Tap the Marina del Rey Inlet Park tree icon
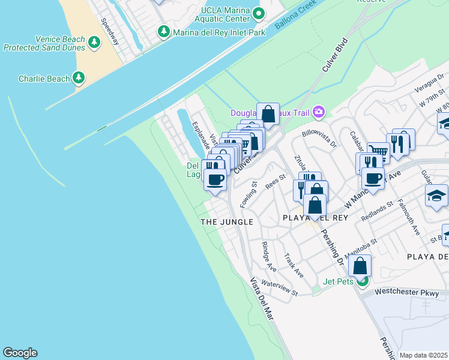163,31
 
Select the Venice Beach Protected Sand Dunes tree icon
94,42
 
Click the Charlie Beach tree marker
78,77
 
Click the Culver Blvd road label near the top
335,56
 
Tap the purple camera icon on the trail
319,112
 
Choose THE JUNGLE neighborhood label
227,222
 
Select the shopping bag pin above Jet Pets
360,265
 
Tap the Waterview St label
280,289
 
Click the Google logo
20,353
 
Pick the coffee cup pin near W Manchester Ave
373,178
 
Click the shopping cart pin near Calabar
378,152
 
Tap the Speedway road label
111,28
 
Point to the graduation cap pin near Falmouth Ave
436,196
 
